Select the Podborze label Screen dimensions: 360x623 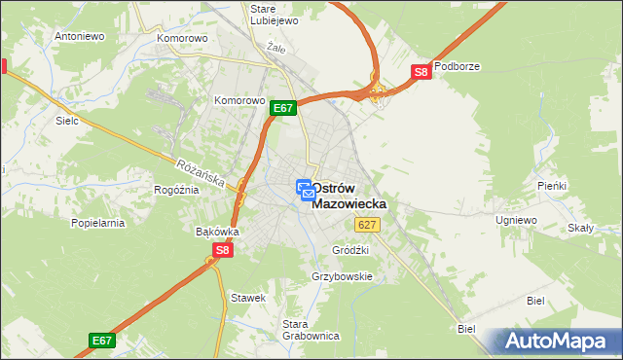pyautogui.click(x=458, y=66)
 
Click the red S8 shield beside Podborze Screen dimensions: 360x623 pyautogui.click(x=421, y=72)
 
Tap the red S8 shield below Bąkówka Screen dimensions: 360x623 pyautogui.click(x=223, y=250)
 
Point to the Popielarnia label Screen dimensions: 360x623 pyautogui.click(x=98, y=223)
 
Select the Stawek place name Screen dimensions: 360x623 pyautogui.click(x=247, y=298)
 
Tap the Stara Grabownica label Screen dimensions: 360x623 pyautogui.click(x=310, y=330)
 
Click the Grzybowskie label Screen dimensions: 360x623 pyautogui.click(x=343, y=276)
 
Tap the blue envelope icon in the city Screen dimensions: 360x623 pyautogui.click(x=308, y=196)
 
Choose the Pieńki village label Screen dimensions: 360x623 pyautogui.click(x=551, y=185)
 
